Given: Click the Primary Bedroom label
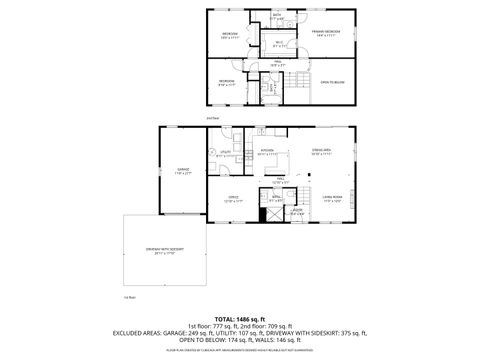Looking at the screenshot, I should [x=326, y=33].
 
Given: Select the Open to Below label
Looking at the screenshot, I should [x=332, y=82].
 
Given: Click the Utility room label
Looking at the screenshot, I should [x=224, y=153].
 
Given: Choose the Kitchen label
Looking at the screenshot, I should [x=267, y=153].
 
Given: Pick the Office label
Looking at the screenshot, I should [x=233, y=200].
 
